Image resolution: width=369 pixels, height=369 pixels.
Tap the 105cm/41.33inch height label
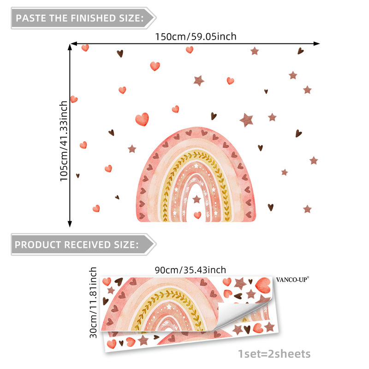tap(64, 141)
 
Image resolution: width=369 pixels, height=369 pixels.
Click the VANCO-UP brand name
tap(292, 279)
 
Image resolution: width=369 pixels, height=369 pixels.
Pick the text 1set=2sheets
tap(274, 354)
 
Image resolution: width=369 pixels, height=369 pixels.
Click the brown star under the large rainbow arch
tap(196, 199)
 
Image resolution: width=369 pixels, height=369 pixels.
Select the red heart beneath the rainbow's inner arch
tap(197, 215)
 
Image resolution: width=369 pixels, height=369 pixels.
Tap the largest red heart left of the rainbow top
tap(142, 119)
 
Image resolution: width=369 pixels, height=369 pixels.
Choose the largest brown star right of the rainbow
tap(247, 120)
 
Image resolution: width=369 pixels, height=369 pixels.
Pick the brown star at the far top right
tap(255, 51)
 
